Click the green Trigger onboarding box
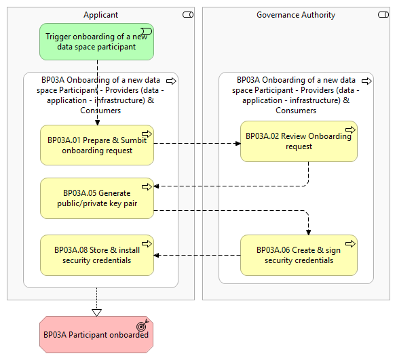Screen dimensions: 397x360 tap(96, 42)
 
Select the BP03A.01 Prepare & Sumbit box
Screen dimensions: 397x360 tap(97, 145)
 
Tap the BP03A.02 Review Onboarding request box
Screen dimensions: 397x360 tap(299, 141)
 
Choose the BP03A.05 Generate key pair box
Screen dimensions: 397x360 tap(97, 198)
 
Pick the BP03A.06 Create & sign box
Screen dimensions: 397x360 tap(299, 255)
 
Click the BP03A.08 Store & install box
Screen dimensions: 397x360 tap(97, 255)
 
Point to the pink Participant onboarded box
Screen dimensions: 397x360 tap(96, 334)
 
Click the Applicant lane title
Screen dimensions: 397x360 tap(100, 15)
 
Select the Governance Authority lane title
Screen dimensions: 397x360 tap(296, 15)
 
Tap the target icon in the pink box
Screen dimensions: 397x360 tap(143, 325)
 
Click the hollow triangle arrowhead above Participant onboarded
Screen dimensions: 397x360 tap(97, 313)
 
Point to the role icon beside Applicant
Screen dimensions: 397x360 tap(188, 15)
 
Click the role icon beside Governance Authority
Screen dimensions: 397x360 tap(383, 15)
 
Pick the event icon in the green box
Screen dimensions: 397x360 tap(147, 31)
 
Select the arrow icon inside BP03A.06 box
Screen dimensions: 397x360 tap(350, 243)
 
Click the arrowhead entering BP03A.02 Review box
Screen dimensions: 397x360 tap(238, 144)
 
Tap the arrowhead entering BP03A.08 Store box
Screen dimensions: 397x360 tap(157, 256)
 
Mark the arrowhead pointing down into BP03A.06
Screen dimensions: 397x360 tap(308, 233)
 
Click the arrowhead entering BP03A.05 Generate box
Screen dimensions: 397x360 tap(157, 186)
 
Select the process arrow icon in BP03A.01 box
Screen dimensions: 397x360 tap(147, 134)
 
